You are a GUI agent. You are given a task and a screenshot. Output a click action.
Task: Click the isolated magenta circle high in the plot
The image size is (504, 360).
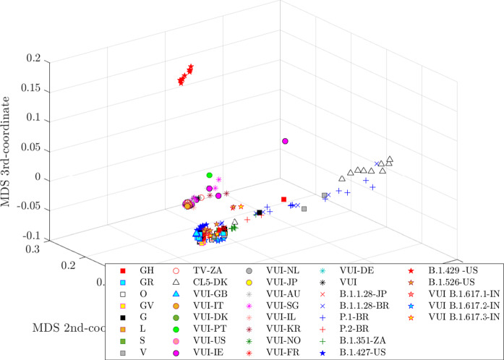[285, 141]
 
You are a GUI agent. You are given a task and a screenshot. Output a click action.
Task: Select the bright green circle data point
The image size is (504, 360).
[210, 176]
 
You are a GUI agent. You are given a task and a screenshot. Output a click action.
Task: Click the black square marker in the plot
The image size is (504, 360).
[260, 213]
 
